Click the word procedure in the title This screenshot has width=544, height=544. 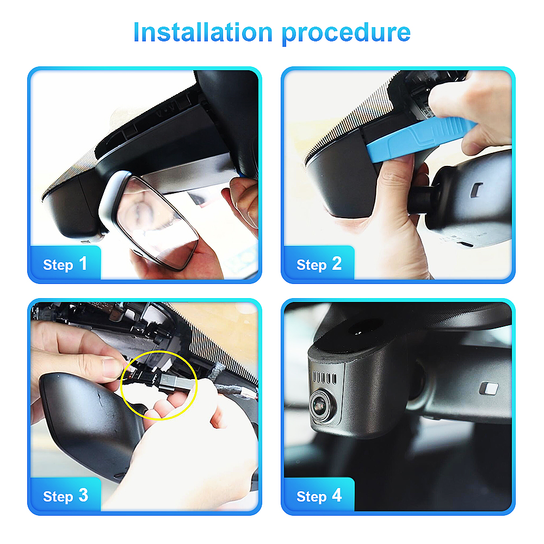346,34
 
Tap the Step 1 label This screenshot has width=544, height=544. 65,264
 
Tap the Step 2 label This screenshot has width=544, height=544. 319,264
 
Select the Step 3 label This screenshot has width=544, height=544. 65,496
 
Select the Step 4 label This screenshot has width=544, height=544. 319,496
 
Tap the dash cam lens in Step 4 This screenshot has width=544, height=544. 320,404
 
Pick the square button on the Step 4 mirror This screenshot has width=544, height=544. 489,388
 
